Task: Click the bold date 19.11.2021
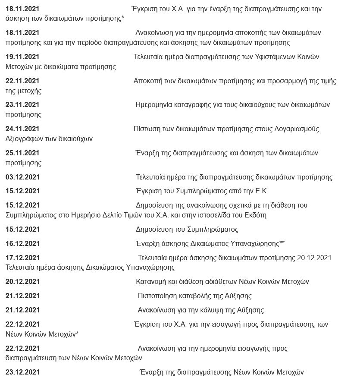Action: [22, 57]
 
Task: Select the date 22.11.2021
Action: [22, 81]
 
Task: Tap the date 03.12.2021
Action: [22, 177]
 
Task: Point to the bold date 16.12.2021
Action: [22, 244]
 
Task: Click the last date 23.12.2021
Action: [22, 372]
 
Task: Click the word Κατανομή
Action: [150, 282]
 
